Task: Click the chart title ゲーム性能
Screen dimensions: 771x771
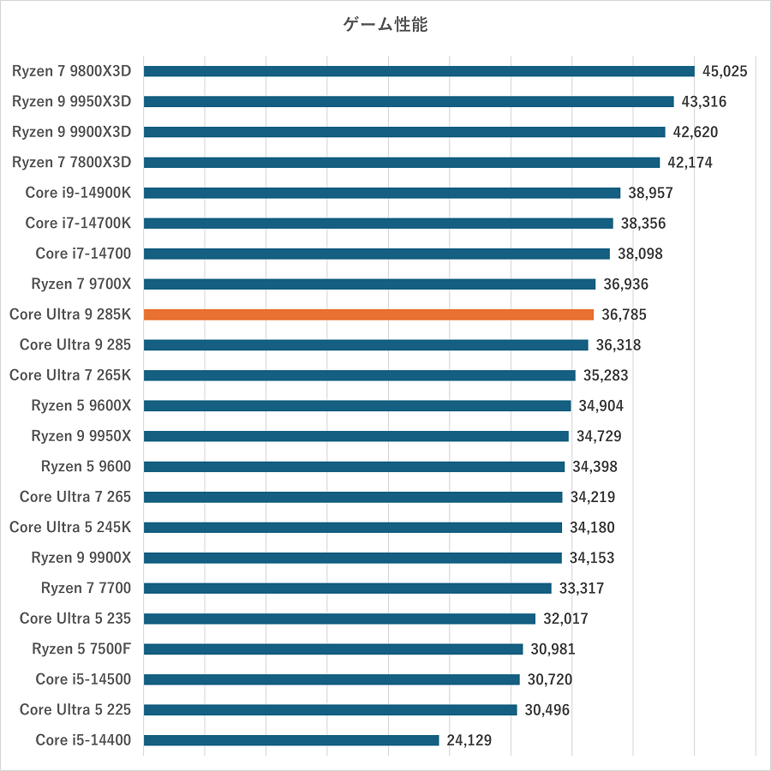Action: click(x=385, y=25)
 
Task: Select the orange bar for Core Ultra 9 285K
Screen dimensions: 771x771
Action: click(x=368, y=314)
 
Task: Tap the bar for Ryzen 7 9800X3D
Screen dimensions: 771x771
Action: click(x=419, y=71)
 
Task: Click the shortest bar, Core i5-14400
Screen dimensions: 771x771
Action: click(x=291, y=740)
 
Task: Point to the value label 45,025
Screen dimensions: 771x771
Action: click(x=725, y=71)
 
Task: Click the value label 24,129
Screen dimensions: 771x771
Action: click(x=469, y=740)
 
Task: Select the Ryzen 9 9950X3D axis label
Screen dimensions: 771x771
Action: click(x=71, y=101)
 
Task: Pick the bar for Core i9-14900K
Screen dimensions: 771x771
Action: click(x=382, y=193)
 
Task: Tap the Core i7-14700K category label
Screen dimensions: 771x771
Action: click(x=78, y=223)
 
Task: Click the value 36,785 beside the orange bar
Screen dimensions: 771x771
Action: click(x=624, y=314)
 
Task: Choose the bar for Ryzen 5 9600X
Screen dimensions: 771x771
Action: click(x=357, y=405)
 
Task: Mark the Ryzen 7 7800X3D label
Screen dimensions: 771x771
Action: click(x=71, y=162)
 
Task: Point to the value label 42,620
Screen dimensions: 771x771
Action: click(x=696, y=132)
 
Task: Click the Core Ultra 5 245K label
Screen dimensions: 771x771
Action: click(x=70, y=527)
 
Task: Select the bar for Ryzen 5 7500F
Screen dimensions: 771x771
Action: click(x=333, y=648)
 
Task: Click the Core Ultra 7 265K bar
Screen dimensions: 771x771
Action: click(x=360, y=375)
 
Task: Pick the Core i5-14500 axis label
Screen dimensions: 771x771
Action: click(x=83, y=679)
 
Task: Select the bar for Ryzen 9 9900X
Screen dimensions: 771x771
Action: click(x=353, y=558)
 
